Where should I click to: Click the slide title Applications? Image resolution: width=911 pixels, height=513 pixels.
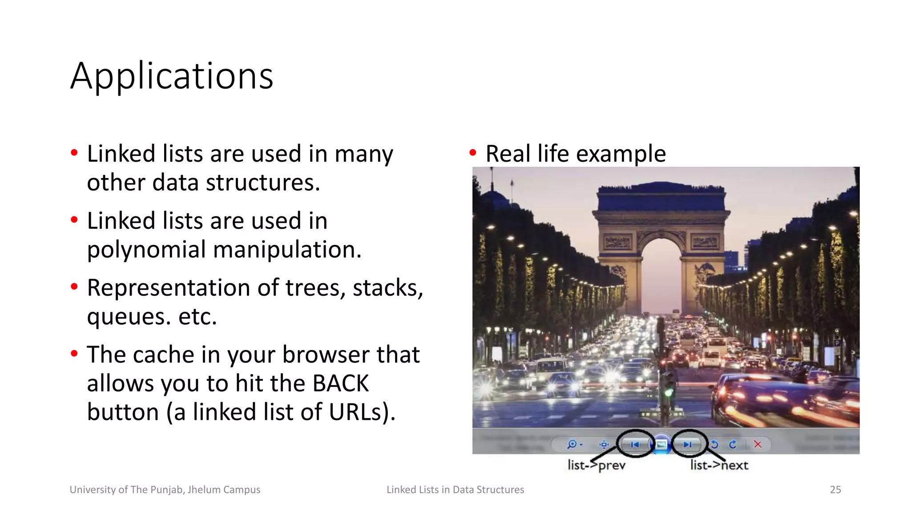coord(172,76)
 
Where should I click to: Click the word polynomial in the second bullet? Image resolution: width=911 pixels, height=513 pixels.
coord(146,249)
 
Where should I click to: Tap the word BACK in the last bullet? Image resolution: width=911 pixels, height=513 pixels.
coord(340,383)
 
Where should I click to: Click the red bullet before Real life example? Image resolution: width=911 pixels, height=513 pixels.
coord(473,153)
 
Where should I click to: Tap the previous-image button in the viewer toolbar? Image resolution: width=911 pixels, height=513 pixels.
coord(635,444)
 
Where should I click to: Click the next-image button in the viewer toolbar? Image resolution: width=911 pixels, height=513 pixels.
coord(688,444)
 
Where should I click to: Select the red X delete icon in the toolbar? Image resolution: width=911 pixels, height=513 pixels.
coord(758,444)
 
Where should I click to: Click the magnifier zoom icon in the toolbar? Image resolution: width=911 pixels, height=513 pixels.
coord(572,444)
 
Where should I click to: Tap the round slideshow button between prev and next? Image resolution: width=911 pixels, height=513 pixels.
coord(661,444)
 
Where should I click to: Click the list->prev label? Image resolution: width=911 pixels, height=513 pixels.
coord(597,465)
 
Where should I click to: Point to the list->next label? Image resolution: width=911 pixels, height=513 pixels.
coord(719,465)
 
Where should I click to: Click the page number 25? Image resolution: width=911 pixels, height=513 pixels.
coord(835,490)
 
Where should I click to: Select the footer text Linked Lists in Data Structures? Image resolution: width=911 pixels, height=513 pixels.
coord(455,490)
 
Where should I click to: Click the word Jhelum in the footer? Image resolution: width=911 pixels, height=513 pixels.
coord(202,490)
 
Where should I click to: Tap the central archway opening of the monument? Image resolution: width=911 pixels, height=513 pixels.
coord(661,276)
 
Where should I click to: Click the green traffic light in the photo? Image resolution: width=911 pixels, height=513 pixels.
coord(669,393)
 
